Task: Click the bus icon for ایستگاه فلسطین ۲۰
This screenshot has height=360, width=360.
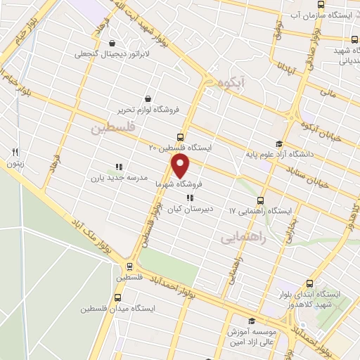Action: click(180, 137)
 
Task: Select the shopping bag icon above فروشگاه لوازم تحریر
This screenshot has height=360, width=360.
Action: click(148, 98)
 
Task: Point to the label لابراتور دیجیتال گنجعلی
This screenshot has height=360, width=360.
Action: click(111, 53)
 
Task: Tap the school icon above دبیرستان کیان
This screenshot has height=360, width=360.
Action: click(189, 198)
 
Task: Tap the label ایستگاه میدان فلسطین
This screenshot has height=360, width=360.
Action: click(113, 308)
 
